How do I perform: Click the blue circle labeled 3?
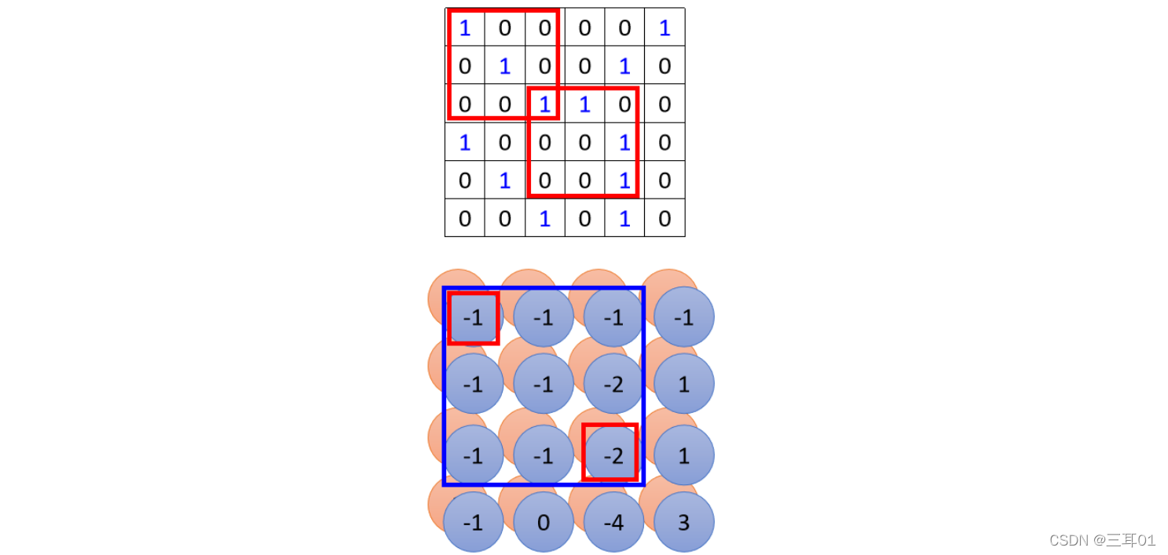click(x=683, y=522)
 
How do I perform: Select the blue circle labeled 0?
click(x=544, y=522)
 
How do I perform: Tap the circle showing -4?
click(x=613, y=522)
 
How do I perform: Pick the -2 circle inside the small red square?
click(x=610, y=453)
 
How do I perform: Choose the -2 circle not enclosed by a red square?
click(x=613, y=384)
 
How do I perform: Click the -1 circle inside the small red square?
click(x=473, y=318)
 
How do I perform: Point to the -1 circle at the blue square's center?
click(x=544, y=384)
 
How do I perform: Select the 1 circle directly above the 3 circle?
click(x=683, y=455)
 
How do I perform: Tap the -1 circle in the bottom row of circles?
click(x=473, y=522)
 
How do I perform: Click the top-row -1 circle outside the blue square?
click(x=683, y=318)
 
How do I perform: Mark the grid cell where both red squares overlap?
click(x=544, y=104)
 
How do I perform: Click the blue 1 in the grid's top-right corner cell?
click(x=665, y=28)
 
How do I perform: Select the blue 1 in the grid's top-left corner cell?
click(x=465, y=28)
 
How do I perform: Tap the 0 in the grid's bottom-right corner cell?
click(x=665, y=218)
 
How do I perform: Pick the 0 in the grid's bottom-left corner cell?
click(x=465, y=218)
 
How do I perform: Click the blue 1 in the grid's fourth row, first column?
click(x=465, y=143)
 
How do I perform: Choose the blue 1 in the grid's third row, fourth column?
click(x=584, y=104)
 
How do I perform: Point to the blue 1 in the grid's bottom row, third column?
click(x=544, y=218)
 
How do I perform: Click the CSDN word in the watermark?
click(x=1066, y=540)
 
